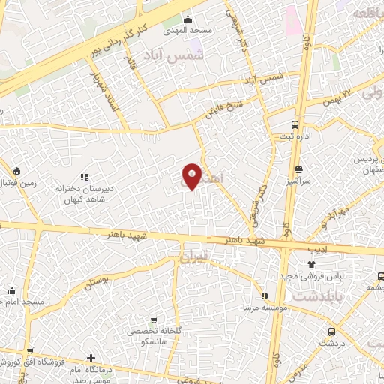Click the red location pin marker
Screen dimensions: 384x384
pos(191,177)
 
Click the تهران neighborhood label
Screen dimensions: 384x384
pos(197,257)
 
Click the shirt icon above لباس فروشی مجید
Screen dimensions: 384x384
pos(311,264)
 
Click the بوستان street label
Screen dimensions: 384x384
pos(104,283)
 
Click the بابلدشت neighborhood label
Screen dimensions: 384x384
pos(315,296)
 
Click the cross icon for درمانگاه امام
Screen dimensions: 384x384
pos(91,359)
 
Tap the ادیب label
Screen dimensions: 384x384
pos(317,247)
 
